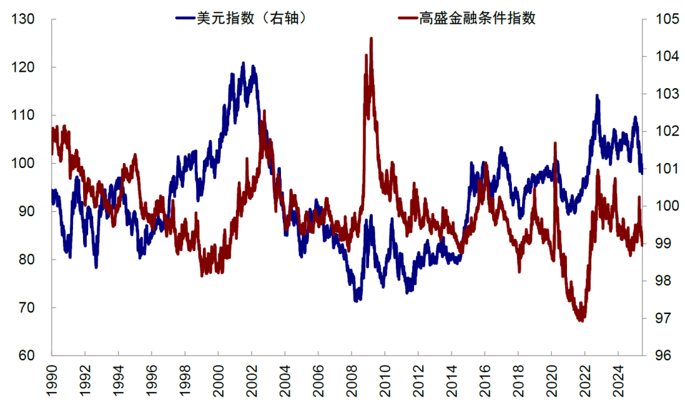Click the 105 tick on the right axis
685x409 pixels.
[661, 19]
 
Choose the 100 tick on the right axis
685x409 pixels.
[661, 206]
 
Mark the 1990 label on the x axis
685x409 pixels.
[51, 380]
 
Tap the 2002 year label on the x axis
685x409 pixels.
[252, 380]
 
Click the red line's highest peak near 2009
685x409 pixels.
[370, 39]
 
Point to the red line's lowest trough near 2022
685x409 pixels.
[580, 320]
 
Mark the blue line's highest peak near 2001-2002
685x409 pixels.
[243, 63]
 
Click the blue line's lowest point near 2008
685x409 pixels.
[356, 300]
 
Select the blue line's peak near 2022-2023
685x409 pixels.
[597, 96]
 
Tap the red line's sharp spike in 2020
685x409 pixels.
[555, 144]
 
